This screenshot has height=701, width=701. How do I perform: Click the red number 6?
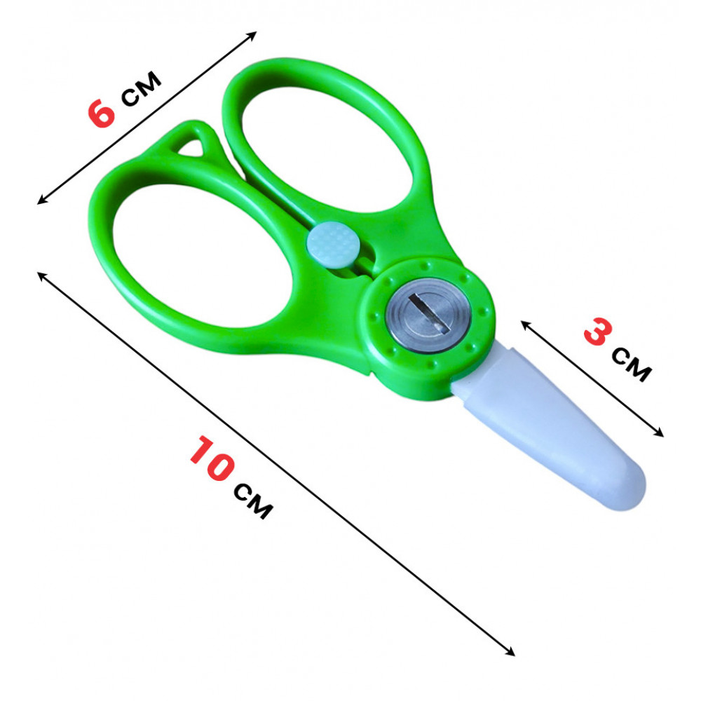click(x=102, y=113)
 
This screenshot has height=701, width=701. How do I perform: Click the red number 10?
click(x=212, y=458)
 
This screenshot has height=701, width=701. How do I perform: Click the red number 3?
click(x=598, y=332)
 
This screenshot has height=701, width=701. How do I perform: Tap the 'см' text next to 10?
click(x=253, y=501)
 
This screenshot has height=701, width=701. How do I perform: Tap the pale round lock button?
click(x=333, y=245)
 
